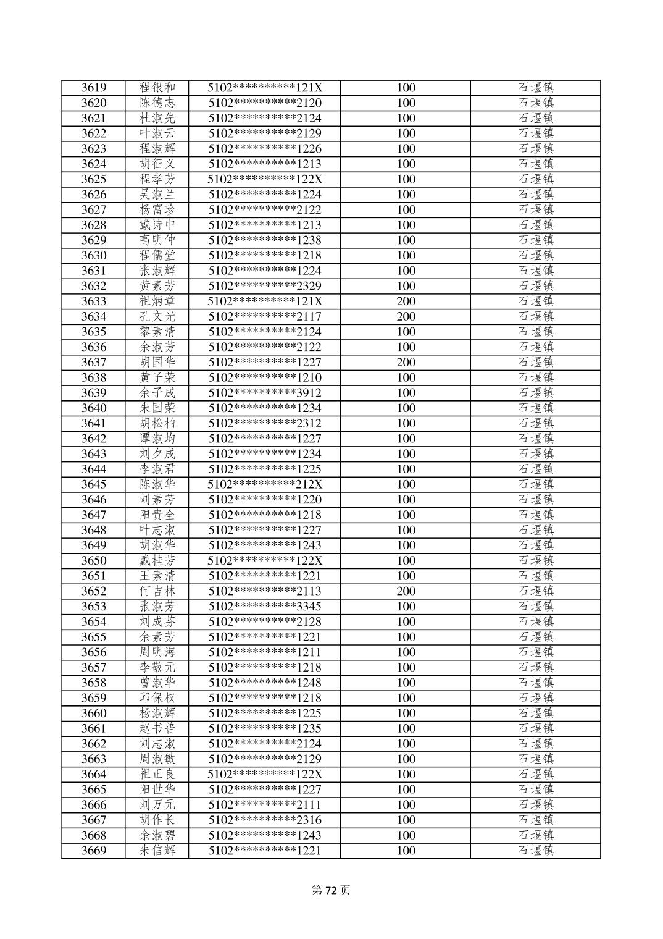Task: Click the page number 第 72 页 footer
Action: (331, 890)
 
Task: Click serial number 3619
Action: (94, 88)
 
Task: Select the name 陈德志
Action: (157, 103)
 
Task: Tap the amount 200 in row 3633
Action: (406, 301)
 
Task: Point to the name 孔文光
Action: (157, 316)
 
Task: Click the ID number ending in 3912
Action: (265, 393)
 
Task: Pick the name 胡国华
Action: (157, 362)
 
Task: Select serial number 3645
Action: (94, 484)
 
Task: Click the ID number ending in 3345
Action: (265, 607)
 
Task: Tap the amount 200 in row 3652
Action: (406, 591)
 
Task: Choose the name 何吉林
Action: (157, 591)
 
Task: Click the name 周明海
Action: (157, 652)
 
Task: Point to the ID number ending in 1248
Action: (265, 683)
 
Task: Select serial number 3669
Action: (94, 851)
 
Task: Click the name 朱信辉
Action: (157, 851)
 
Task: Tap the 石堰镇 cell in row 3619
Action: (536, 88)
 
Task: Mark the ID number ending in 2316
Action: (265, 820)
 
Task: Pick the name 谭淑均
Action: (157, 439)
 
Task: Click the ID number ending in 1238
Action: (265, 240)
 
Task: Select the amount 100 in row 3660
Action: (406, 714)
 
